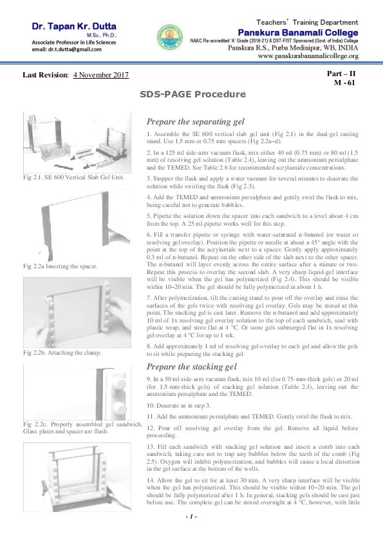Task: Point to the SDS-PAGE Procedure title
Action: coord(191,95)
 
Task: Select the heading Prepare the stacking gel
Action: coord(182,367)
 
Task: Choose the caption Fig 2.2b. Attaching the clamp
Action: coord(60,353)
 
